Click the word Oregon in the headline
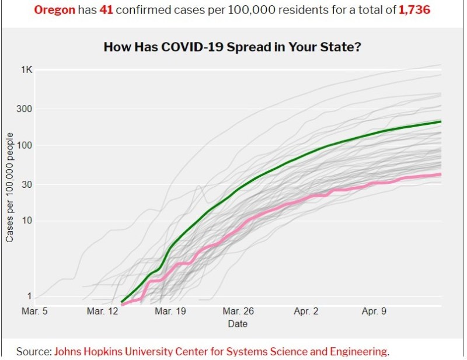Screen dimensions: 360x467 (54, 10)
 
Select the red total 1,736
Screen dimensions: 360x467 (414, 10)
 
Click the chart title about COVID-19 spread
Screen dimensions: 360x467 (232, 47)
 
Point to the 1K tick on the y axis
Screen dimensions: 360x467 (27, 70)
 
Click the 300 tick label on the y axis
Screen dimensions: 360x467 (25, 109)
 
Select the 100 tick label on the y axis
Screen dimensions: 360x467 (25, 145)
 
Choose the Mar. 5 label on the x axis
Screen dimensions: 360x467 (34, 312)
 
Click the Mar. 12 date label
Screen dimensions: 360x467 (103, 312)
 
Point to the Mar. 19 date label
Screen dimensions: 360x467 (170, 312)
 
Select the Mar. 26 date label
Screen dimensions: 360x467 (239, 312)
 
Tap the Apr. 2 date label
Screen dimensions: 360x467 (307, 312)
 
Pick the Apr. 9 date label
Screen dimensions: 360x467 (375, 312)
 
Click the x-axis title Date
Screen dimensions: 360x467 (238, 324)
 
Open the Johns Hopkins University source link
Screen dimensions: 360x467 (221, 351)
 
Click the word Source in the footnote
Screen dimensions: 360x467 (33, 351)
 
